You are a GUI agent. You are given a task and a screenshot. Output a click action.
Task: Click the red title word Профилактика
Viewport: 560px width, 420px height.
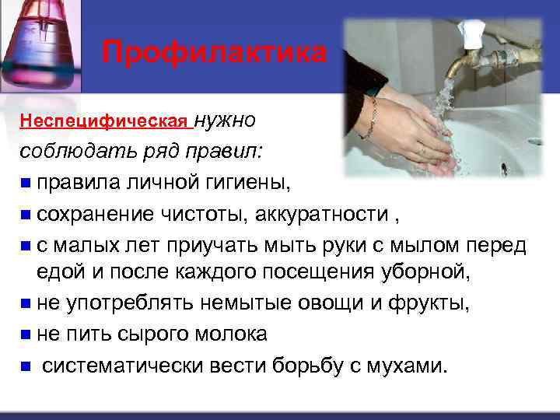(x=215, y=53)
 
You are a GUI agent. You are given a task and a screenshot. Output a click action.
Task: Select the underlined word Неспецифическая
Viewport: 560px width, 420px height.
(x=104, y=122)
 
